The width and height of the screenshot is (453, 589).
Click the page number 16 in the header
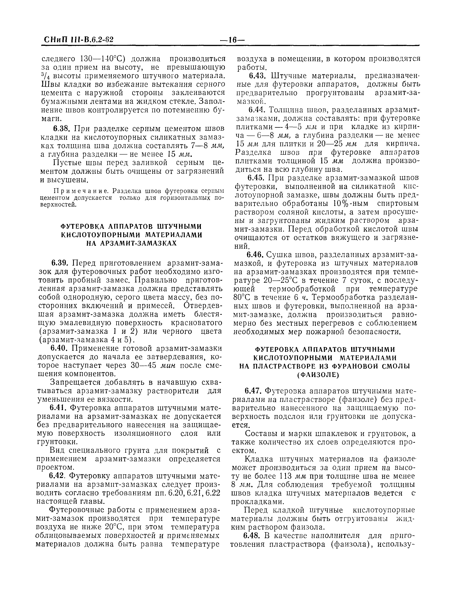(232, 40)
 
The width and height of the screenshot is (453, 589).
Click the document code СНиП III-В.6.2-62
(78, 40)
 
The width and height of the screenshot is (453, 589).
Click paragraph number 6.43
(257, 76)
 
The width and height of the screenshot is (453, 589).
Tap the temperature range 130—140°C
(102, 59)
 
